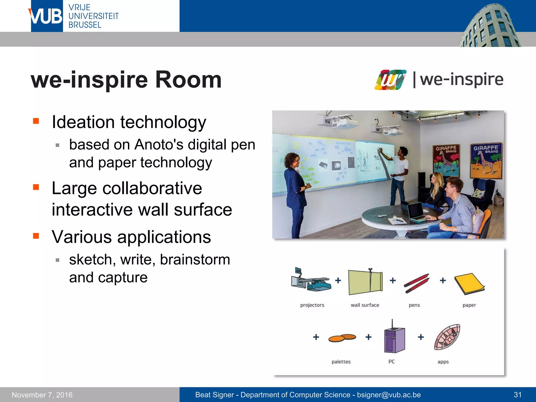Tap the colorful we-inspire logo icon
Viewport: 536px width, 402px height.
tap(390, 80)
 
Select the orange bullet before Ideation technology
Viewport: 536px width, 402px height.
tap(36, 121)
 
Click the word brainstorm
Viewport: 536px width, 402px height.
tap(195, 260)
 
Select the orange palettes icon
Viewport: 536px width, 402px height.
tap(342, 338)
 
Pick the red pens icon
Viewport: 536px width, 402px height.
tap(416, 283)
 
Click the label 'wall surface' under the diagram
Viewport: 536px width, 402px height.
tap(365, 305)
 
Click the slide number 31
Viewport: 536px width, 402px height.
tap(518, 395)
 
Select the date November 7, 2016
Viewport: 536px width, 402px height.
tap(42, 395)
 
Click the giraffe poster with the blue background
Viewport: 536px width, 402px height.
tap(486, 161)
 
